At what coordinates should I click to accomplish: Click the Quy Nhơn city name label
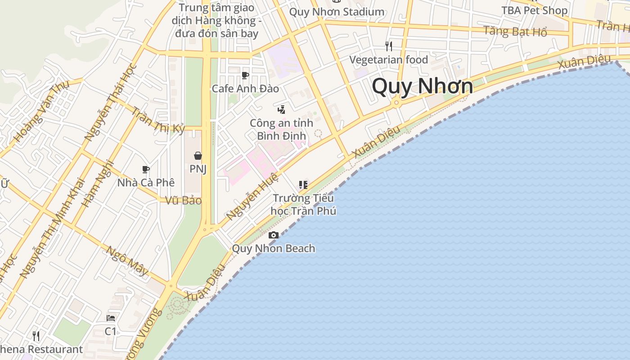(x=422, y=86)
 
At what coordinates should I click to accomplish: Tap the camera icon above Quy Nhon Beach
(x=273, y=235)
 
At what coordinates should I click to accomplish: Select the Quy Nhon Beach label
(x=273, y=248)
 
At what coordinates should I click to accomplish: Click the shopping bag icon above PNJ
(x=198, y=156)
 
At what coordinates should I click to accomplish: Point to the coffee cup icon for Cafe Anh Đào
(x=245, y=75)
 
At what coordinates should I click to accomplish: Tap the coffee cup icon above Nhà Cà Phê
(x=146, y=170)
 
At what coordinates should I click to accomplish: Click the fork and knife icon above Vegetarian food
(x=389, y=46)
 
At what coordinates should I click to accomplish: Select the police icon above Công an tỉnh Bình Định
(x=281, y=109)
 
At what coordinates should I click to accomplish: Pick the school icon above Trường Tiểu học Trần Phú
(x=303, y=184)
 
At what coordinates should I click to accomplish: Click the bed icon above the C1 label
(x=111, y=318)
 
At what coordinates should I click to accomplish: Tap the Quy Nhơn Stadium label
(x=337, y=12)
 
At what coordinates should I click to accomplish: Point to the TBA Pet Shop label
(x=534, y=10)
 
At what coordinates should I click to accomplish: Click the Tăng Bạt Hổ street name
(x=515, y=31)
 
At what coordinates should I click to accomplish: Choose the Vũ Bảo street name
(x=183, y=201)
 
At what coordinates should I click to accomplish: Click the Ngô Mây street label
(x=127, y=261)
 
